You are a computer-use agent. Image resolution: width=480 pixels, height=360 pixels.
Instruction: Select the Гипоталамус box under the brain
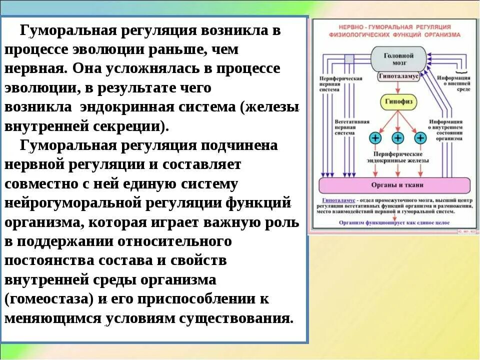(398, 77)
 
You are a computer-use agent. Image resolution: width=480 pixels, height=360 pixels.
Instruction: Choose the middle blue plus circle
(398, 137)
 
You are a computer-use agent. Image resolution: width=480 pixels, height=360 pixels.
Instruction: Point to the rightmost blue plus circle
(420, 137)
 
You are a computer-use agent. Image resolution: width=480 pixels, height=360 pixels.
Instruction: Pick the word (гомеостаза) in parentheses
(49, 299)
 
